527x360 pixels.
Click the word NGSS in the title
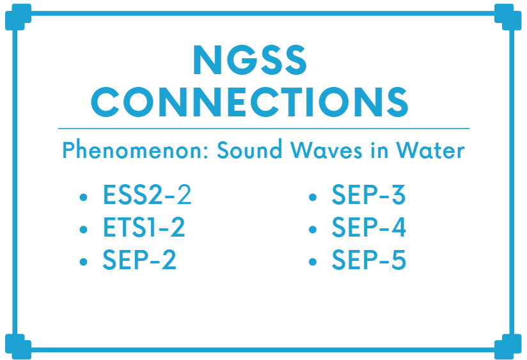point(249,60)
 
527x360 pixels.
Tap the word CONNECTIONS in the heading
point(249,102)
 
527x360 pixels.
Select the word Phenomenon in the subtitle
point(136,150)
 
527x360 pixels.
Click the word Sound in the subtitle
point(249,149)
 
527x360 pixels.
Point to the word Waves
point(326,150)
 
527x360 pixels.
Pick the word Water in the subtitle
point(430,150)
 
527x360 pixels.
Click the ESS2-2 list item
point(147,194)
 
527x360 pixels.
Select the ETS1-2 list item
point(144,227)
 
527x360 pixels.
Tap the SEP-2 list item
point(139,260)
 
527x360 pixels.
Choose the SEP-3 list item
point(368,194)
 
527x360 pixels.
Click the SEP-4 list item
point(369,227)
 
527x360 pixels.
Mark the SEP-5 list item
point(369,260)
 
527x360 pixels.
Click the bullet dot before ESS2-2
point(83,197)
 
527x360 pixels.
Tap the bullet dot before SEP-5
point(313,262)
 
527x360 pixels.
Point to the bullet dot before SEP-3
point(313,197)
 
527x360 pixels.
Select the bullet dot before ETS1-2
point(83,230)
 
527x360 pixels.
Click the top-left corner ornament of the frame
point(18,17)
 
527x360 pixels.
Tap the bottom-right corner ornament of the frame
point(508,347)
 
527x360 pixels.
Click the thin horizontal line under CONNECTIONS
point(263,129)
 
